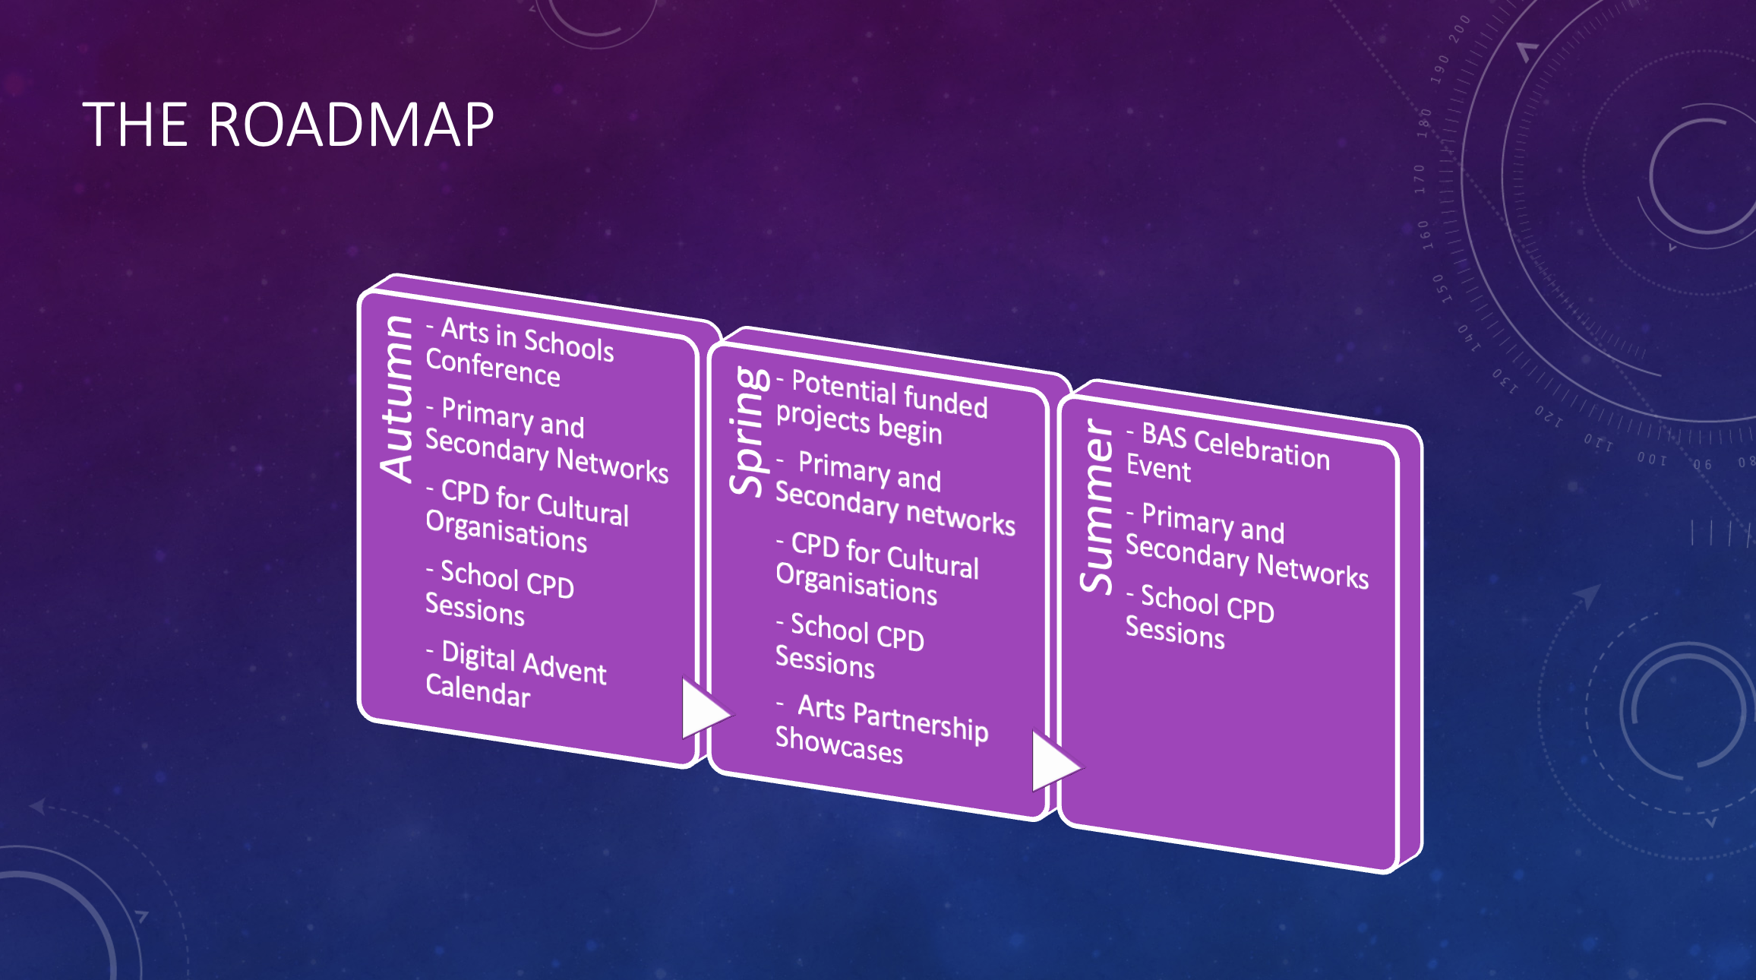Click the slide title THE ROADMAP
tap(288, 125)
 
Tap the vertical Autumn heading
tap(397, 398)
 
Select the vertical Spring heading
tap(749, 431)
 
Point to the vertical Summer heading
tap(1097, 506)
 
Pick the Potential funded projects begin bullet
tap(882, 406)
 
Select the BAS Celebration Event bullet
tap(1227, 453)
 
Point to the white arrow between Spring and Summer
tap(1055, 760)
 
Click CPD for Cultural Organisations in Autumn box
tap(527, 516)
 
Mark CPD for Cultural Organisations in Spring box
tap(877, 568)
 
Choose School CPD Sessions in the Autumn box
tap(499, 593)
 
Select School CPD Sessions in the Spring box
tap(849, 645)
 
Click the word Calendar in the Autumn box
tap(478, 691)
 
